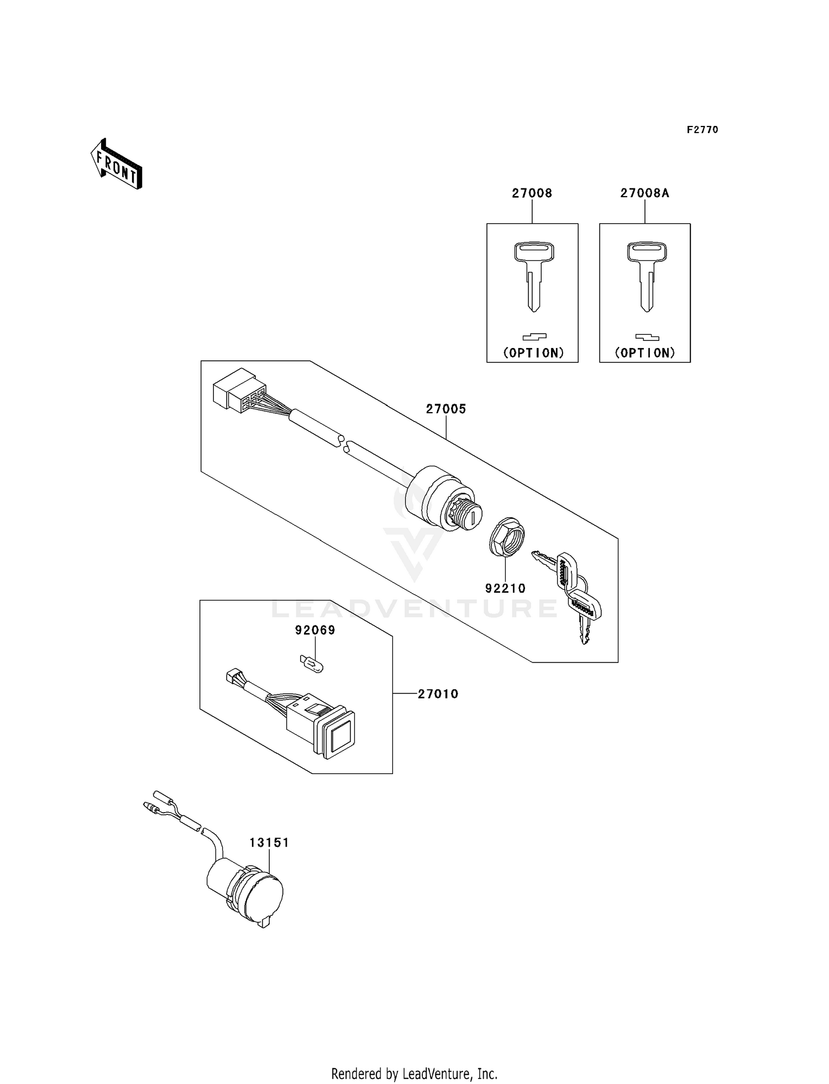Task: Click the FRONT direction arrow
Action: (x=116, y=165)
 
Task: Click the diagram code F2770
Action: (x=702, y=130)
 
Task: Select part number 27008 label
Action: (x=532, y=193)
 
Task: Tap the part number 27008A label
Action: (x=644, y=193)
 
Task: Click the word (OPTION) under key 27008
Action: (x=533, y=353)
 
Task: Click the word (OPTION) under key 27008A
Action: (x=646, y=353)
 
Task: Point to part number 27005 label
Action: (x=445, y=409)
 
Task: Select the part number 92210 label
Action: (x=505, y=588)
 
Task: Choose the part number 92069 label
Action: (x=315, y=630)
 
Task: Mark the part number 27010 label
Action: (x=438, y=694)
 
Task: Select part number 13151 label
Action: (x=269, y=843)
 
